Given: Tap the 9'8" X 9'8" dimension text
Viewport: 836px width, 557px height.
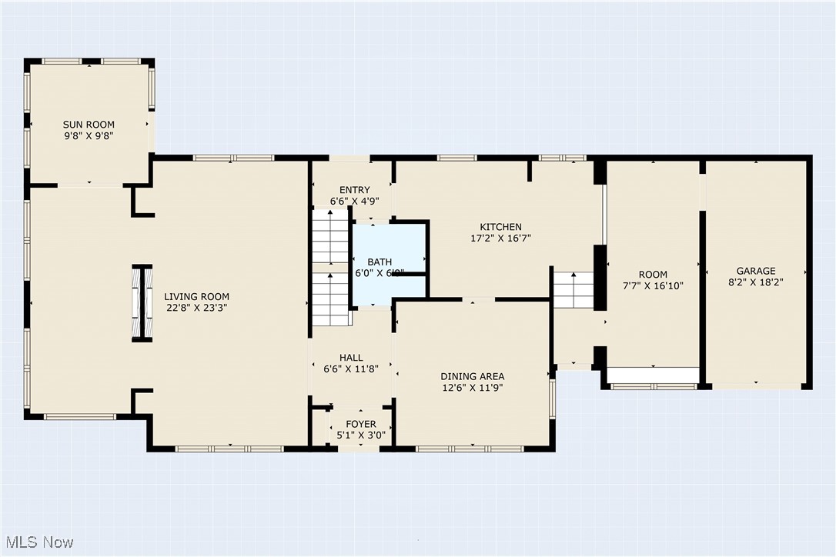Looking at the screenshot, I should [x=89, y=136].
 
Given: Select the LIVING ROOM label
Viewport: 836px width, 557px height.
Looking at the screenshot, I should [x=196, y=296].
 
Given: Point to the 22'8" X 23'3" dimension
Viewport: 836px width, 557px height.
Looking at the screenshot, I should [x=196, y=307].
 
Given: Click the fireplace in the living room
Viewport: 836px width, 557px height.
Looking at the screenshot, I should [x=142, y=302].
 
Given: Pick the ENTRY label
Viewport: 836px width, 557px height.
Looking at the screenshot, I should [x=350, y=190].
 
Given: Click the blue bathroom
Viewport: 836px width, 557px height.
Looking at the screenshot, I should [x=389, y=262].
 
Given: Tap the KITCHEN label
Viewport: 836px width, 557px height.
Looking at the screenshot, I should [x=500, y=227].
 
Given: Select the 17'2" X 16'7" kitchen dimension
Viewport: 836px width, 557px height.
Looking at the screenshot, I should [x=500, y=238].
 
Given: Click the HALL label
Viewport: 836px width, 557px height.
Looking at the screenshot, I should [x=351, y=358].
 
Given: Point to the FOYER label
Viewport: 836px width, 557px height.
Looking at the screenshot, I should [x=361, y=424].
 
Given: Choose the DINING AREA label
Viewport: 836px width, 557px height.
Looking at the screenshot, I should [x=473, y=376].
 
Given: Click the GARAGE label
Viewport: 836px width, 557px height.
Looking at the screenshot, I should [x=756, y=271].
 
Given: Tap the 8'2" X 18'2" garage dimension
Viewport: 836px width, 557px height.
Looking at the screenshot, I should [x=756, y=282].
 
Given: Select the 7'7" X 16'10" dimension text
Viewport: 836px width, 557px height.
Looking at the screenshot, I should [x=653, y=285].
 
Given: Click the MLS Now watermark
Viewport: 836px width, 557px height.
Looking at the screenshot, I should [x=38, y=542].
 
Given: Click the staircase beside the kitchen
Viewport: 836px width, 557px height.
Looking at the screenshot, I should [x=573, y=290].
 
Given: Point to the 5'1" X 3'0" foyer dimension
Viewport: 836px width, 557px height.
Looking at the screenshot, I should [x=361, y=435].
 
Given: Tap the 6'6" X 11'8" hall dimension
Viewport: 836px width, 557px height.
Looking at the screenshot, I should [x=351, y=369].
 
